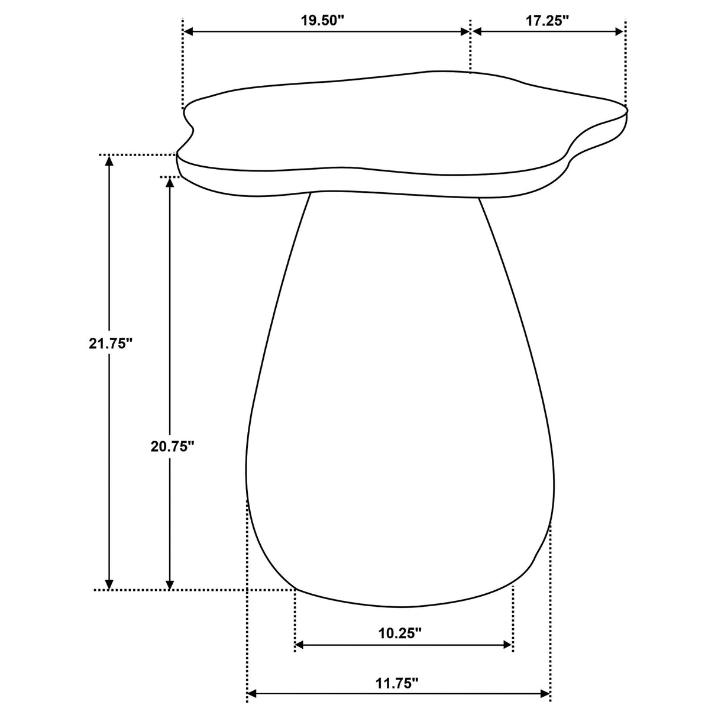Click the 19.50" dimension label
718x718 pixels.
click(322, 20)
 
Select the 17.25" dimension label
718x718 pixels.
click(547, 20)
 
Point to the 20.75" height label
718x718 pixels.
click(172, 447)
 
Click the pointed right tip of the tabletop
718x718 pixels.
click(626, 109)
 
